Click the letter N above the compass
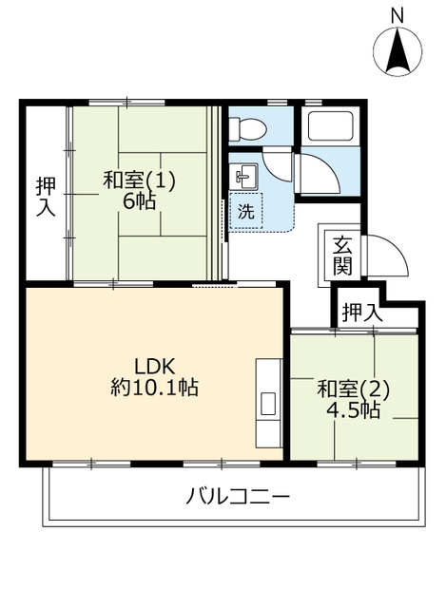[x=398, y=16]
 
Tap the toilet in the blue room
[x=247, y=128]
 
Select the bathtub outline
[x=330, y=126]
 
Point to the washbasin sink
[x=243, y=178]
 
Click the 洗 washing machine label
[x=245, y=211]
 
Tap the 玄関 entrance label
[x=342, y=255]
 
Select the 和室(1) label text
[x=140, y=180]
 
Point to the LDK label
[x=155, y=366]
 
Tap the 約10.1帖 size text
[x=155, y=387]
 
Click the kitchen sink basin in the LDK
[x=268, y=404]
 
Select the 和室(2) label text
[x=353, y=389]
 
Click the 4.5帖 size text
[x=353, y=409]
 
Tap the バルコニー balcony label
[x=238, y=497]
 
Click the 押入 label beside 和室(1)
[x=47, y=197]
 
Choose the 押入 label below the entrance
[x=362, y=313]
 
